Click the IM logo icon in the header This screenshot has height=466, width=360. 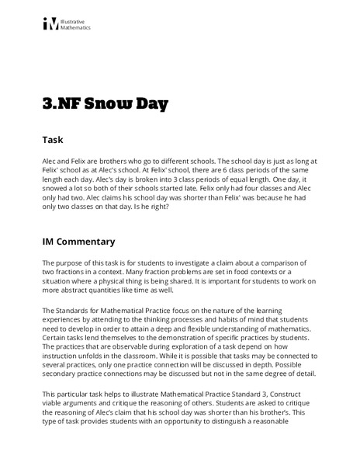click(x=50, y=24)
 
